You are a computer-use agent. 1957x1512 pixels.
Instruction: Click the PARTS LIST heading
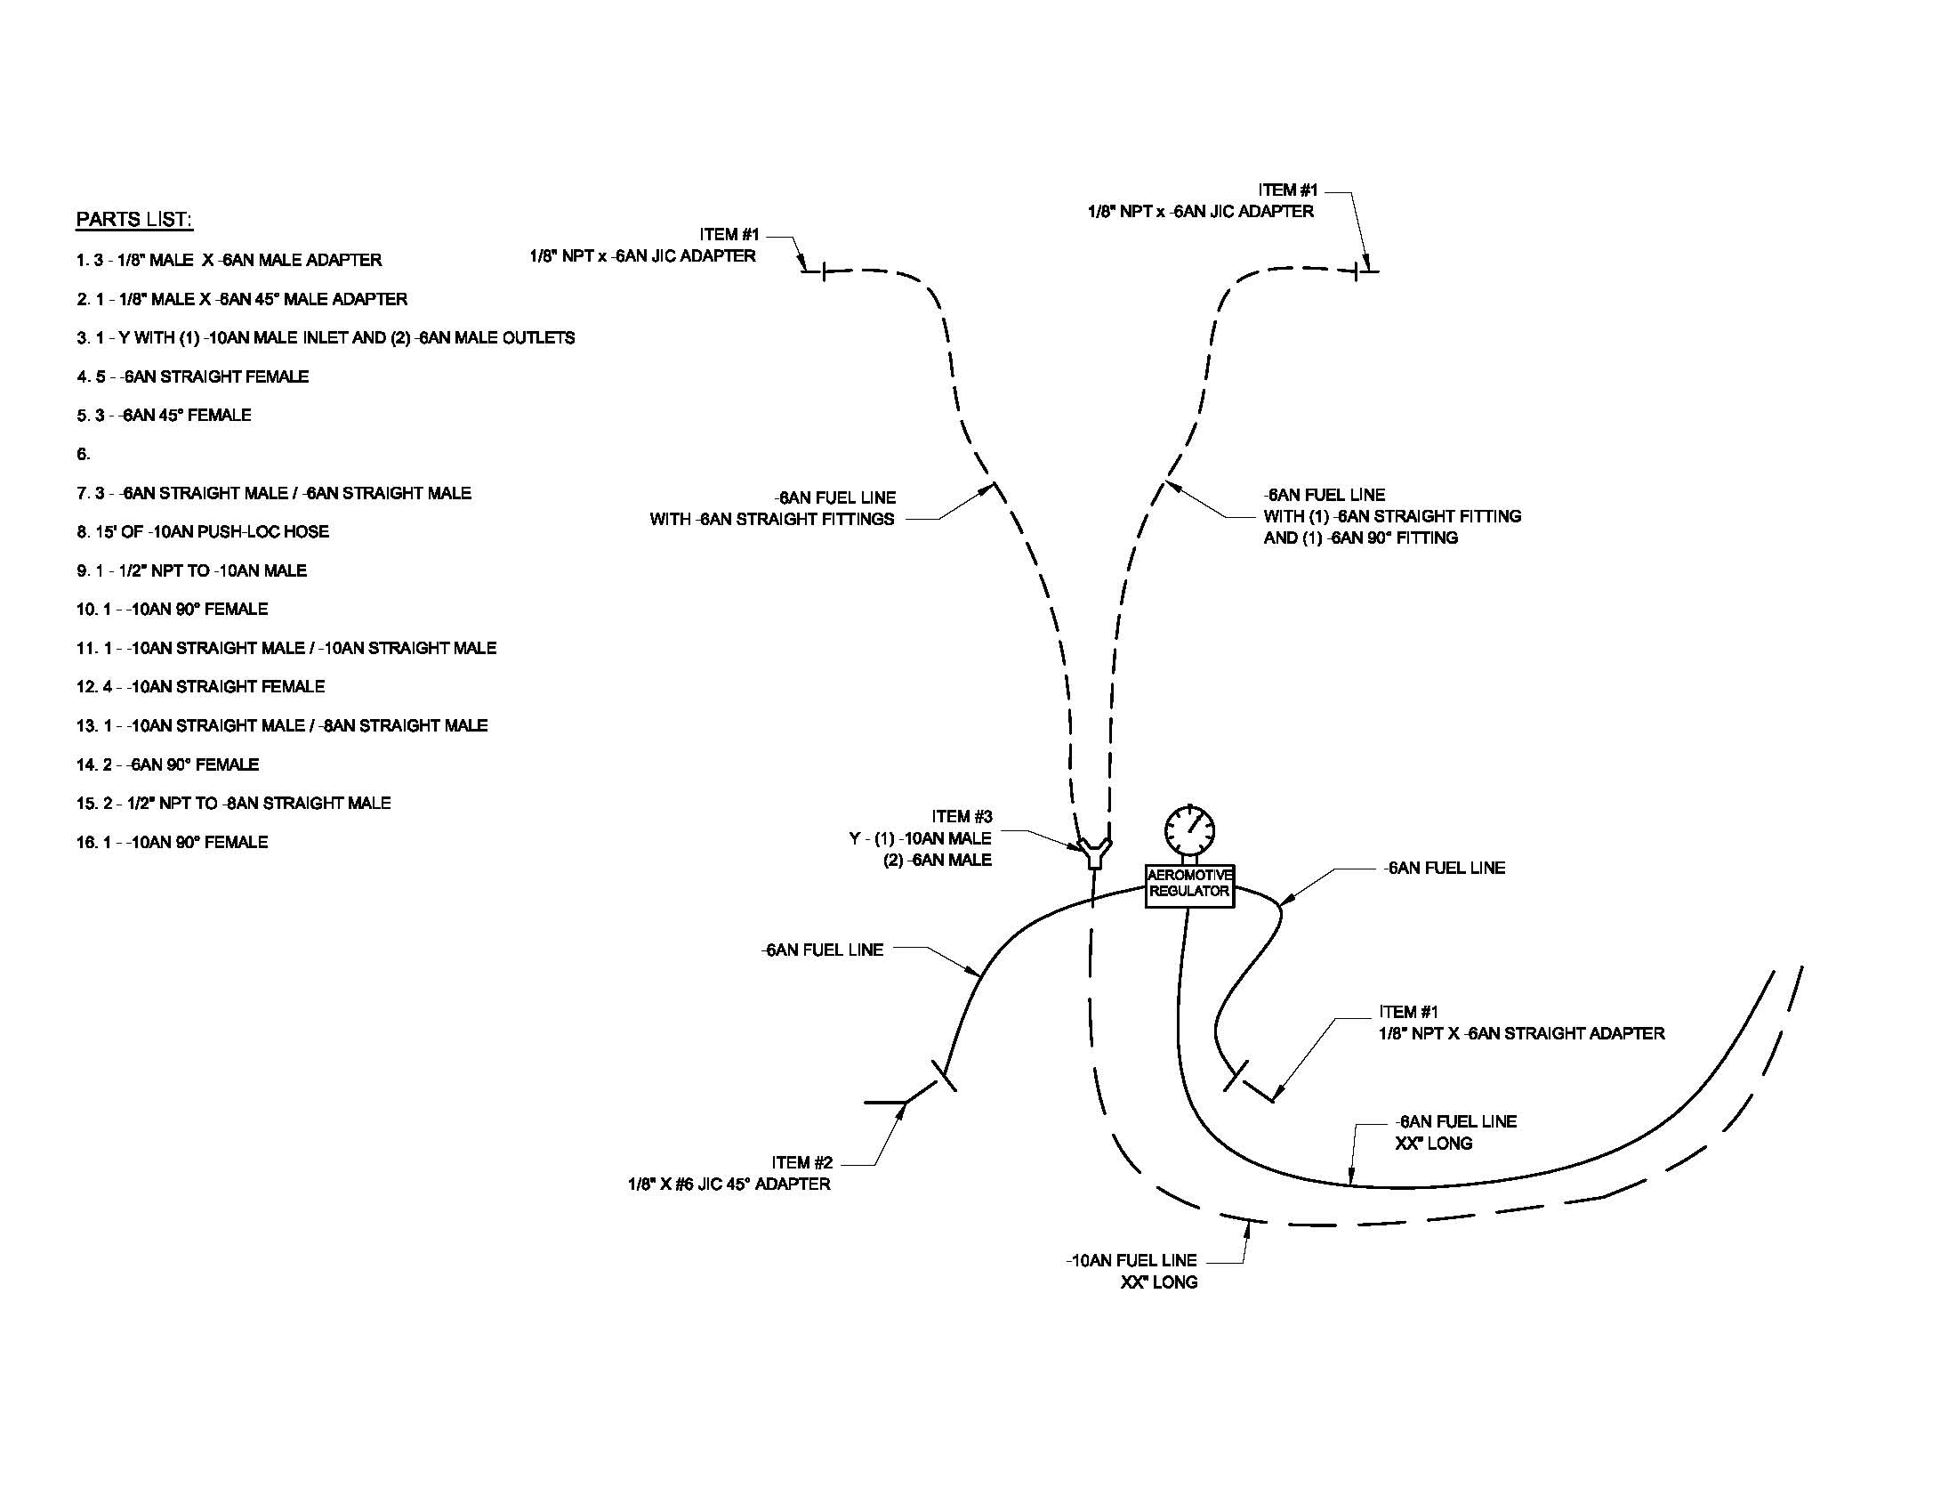coord(134,220)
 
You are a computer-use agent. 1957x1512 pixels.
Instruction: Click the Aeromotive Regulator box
coord(1189,885)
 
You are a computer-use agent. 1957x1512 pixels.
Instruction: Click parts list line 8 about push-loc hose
coord(203,531)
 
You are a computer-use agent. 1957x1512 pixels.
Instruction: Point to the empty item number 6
coord(84,455)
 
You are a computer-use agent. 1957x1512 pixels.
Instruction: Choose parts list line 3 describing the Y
coord(326,338)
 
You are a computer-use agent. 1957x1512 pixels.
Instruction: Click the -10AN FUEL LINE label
coord(1132,1260)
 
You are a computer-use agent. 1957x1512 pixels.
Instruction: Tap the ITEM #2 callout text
coord(802,1162)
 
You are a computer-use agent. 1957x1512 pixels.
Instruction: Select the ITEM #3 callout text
coord(962,816)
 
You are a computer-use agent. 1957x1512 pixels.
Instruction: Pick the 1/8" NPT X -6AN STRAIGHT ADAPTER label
coord(1521,1033)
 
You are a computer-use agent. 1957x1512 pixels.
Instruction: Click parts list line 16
coord(172,842)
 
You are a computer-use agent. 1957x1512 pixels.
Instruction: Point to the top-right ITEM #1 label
coord(1288,190)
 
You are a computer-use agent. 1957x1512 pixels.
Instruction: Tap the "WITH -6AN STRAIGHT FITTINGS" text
coord(771,519)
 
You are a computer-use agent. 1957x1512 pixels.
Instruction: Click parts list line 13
coord(281,725)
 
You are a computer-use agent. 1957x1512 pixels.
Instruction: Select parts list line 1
coord(229,260)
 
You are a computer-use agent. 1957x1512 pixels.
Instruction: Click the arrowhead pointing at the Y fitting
coord(1079,845)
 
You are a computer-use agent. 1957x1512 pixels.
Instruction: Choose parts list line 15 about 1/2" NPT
coord(233,803)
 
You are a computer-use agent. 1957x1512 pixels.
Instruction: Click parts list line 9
coord(191,570)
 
